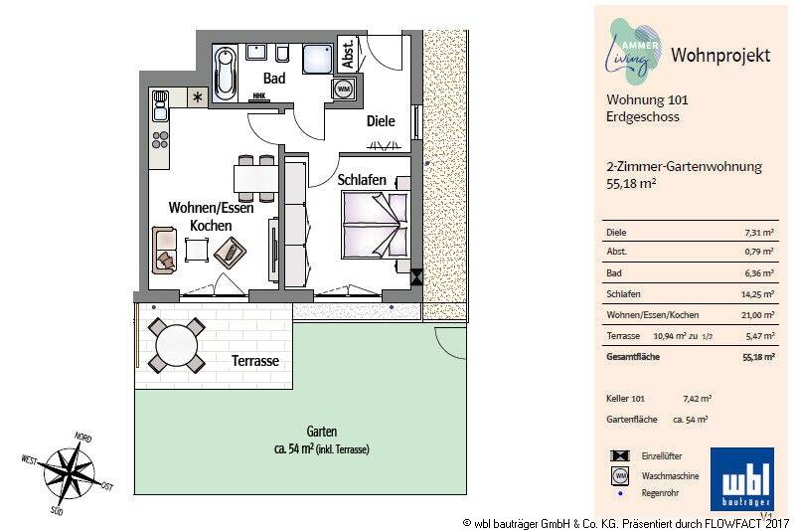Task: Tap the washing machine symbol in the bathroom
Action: click(343, 88)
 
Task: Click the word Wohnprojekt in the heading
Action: click(720, 55)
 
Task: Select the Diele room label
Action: click(380, 121)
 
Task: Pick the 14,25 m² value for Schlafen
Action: click(758, 294)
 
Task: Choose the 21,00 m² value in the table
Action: click(758, 315)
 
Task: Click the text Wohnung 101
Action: click(647, 99)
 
